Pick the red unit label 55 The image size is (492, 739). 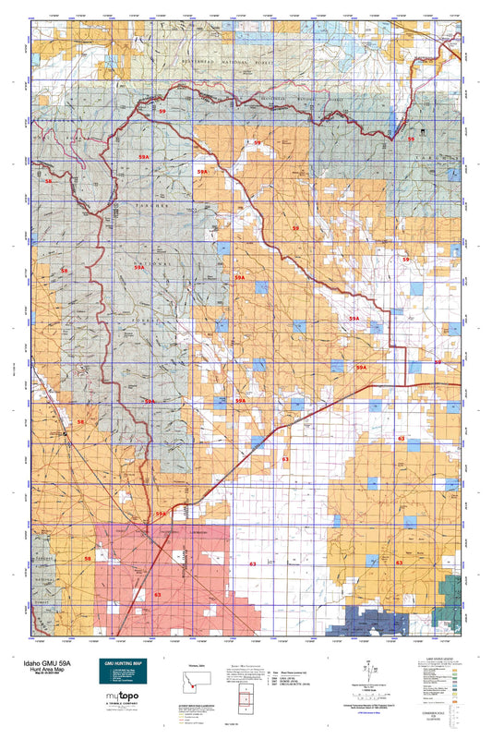[411, 139]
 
